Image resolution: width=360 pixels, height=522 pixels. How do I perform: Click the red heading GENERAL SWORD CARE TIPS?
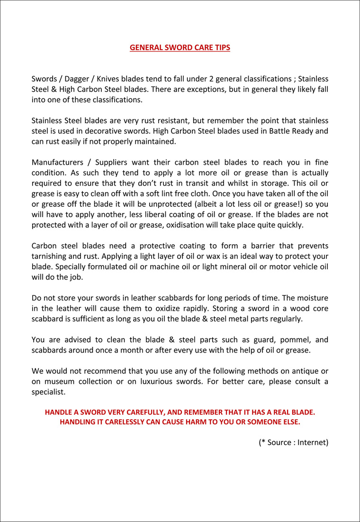coord(180,48)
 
